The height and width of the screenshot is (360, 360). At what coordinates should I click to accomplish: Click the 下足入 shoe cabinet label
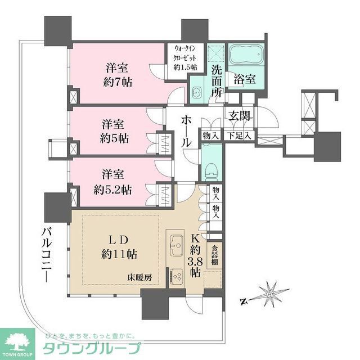238,136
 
